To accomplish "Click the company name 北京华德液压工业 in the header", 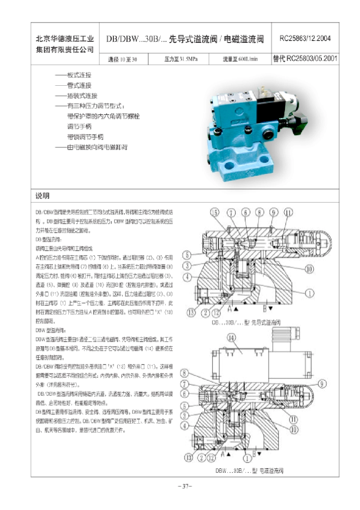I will point(65,39).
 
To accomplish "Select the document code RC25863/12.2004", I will point(305,38).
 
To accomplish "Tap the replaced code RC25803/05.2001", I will point(305,58).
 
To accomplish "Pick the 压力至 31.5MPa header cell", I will point(181,59).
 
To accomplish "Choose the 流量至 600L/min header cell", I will point(240,59).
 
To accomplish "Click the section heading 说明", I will point(42,196).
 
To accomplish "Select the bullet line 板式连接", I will point(79,75).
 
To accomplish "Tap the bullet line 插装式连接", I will point(82,96).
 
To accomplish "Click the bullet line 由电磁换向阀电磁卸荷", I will point(97,147).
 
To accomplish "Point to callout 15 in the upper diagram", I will point(215,212).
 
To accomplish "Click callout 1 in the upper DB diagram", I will point(310,293).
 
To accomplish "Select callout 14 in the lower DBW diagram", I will point(231,338).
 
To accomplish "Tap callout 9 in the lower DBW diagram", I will point(322,384).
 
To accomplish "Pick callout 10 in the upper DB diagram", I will point(310,269).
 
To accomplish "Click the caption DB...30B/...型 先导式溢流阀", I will point(246,323).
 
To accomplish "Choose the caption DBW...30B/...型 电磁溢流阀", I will point(249,471).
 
